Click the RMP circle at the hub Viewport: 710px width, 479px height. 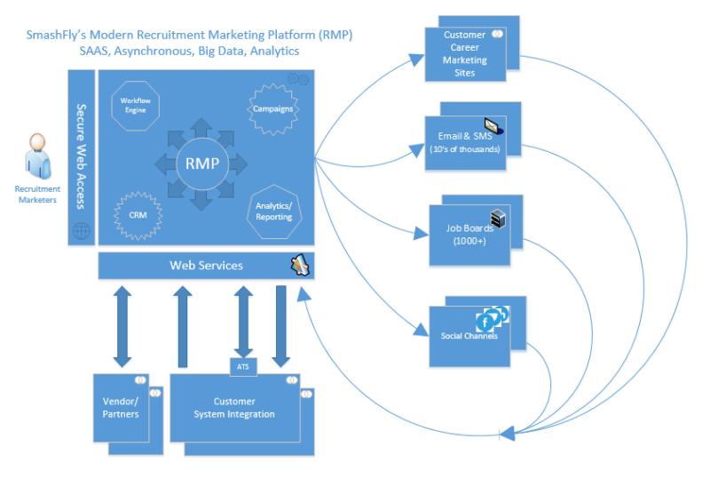(x=202, y=164)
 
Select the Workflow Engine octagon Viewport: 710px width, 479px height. (x=136, y=106)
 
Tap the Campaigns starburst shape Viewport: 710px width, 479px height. (x=273, y=108)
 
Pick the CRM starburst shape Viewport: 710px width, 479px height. (x=138, y=215)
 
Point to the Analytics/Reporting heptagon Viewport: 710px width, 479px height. (x=274, y=212)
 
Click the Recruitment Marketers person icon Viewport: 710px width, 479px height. (x=37, y=156)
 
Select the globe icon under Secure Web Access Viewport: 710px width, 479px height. (x=82, y=231)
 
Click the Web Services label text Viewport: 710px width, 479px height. (x=206, y=266)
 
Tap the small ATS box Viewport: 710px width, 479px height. (x=242, y=366)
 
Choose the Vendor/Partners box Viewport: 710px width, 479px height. (x=121, y=407)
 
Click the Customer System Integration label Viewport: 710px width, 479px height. (x=234, y=408)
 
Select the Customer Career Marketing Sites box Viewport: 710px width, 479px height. (x=465, y=54)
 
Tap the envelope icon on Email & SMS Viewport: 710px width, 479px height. (x=494, y=126)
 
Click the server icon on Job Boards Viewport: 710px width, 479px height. (x=498, y=219)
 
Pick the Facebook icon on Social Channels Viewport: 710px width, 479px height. (x=485, y=323)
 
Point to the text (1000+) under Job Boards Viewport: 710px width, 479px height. (x=469, y=241)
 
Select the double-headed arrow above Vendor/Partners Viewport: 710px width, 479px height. (x=122, y=327)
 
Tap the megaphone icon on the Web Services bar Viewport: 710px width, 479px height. (x=300, y=265)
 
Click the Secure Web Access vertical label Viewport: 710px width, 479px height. (x=82, y=156)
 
